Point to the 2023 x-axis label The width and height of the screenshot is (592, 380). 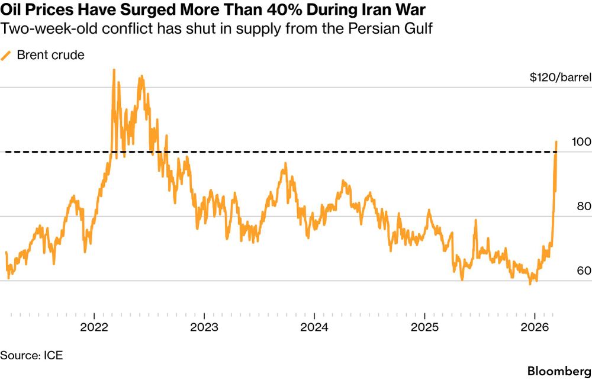(203, 327)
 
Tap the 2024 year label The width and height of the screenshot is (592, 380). (314, 327)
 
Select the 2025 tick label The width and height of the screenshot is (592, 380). (424, 327)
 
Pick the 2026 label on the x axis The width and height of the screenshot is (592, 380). (535, 327)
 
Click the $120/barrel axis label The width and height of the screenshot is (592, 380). (560, 78)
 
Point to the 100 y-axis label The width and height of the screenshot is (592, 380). (583, 142)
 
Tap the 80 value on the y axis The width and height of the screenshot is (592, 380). (584, 207)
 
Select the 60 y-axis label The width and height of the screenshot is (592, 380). (584, 271)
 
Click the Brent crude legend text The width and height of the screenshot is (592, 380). (51, 55)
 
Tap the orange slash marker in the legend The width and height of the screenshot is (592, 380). (7, 55)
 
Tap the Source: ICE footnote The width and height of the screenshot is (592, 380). (31, 355)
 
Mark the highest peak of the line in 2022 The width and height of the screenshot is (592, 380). (113, 70)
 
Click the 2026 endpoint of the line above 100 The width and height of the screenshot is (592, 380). (556, 141)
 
